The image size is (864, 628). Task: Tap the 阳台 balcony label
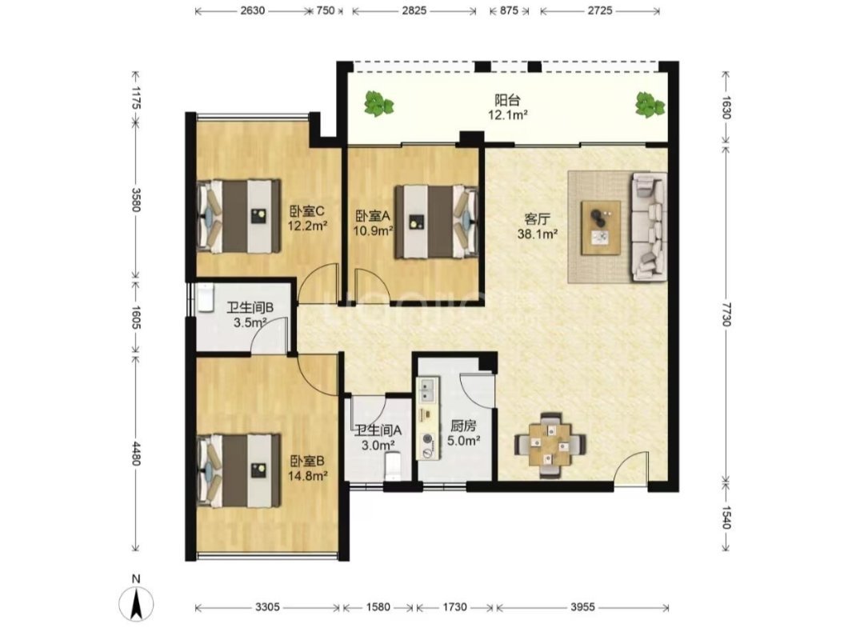(507, 100)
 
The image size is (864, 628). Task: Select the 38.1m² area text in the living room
(538, 234)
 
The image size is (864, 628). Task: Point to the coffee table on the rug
(601, 227)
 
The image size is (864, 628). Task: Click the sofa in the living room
(649, 226)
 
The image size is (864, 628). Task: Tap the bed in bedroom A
(435, 222)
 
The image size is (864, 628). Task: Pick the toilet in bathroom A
(393, 467)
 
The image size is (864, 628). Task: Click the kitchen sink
(427, 390)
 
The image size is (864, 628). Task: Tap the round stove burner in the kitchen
(427, 439)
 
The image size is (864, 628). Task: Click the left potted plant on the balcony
(378, 103)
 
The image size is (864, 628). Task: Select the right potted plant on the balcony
(650, 104)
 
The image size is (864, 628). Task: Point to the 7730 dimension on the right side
(726, 314)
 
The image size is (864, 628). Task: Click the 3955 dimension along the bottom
(582, 607)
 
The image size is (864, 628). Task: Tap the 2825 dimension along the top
(414, 10)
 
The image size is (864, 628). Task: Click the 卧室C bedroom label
(307, 211)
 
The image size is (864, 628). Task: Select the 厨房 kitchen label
(463, 426)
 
